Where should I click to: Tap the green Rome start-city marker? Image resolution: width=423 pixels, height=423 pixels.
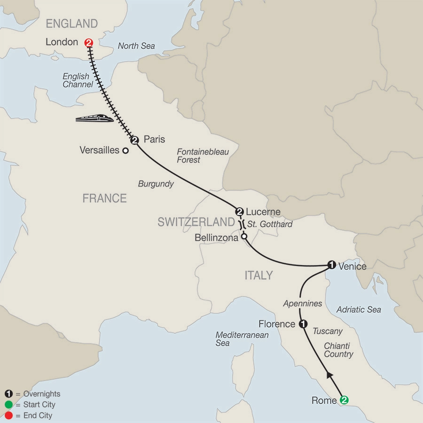click(x=345, y=400)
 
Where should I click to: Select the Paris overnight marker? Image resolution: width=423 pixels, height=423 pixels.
click(x=134, y=140)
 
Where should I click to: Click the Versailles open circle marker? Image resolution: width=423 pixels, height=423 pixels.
click(x=125, y=151)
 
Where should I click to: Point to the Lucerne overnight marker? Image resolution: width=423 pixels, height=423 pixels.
click(x=240, y=211)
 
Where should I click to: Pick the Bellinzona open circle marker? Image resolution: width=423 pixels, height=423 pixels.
click(x=244, y=237)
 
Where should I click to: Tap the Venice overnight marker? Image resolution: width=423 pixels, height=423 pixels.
click(x=331, y=265)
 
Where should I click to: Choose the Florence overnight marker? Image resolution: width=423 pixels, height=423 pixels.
click(x=303, y=324)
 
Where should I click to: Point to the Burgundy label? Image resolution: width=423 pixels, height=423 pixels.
click(x=156, y=184)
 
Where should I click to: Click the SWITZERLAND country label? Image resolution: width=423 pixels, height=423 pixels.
click(x=196, y=222)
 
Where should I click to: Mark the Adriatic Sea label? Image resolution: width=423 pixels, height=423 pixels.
click(x=359, y=310)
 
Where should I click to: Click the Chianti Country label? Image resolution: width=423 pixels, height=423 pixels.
click(x=338, y=350)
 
